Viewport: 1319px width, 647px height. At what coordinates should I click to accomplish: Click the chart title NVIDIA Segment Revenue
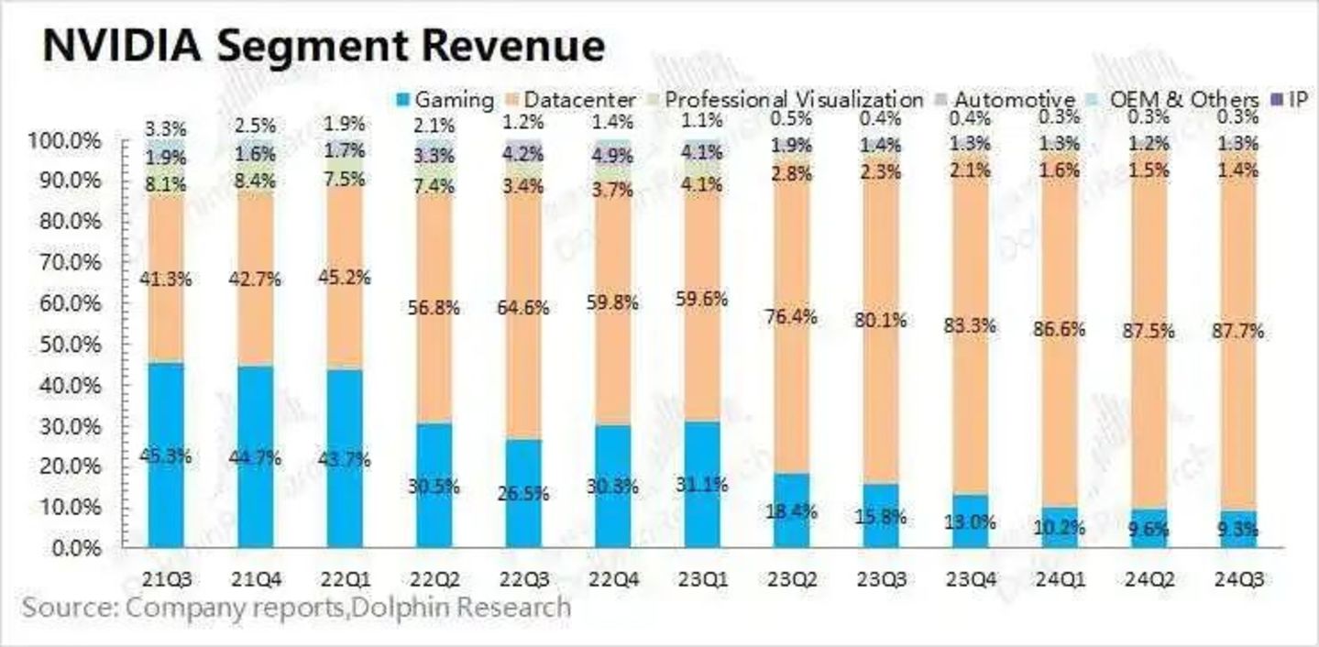(324, 46)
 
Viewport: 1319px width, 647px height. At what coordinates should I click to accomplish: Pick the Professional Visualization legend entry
(794, 99)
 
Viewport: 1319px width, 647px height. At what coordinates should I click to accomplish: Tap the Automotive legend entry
(1014, 99)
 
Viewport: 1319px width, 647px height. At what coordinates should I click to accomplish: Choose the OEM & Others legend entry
(1180, 99)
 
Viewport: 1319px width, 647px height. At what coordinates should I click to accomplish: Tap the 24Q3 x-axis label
(1238, 581)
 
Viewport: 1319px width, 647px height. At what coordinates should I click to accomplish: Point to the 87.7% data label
(1238, 332)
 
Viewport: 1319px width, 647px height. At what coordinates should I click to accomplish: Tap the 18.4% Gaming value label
(792, 510)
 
